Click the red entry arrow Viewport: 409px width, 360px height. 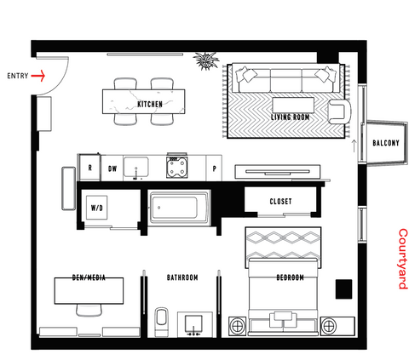38,76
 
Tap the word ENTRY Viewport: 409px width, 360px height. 18,76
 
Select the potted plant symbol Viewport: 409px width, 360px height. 206,60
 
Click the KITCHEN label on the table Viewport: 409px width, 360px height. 150,104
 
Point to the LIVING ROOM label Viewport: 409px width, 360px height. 290,117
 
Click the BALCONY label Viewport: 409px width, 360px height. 386,143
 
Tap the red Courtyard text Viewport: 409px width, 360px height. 403,259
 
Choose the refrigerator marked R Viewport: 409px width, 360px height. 89,168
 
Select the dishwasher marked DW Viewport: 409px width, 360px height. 112,169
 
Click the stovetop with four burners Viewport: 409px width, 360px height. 176,167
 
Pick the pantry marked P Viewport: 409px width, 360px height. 214,169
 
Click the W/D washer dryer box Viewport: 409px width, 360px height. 97,208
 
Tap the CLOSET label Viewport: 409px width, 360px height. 280,202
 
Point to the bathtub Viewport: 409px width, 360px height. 179,208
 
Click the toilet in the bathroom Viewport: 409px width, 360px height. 162,322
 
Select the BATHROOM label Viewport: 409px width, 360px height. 182,277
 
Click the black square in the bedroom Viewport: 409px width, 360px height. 344,289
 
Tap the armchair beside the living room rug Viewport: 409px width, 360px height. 339,111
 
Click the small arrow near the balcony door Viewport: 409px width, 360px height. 354,146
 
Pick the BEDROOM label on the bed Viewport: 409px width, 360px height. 290,277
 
